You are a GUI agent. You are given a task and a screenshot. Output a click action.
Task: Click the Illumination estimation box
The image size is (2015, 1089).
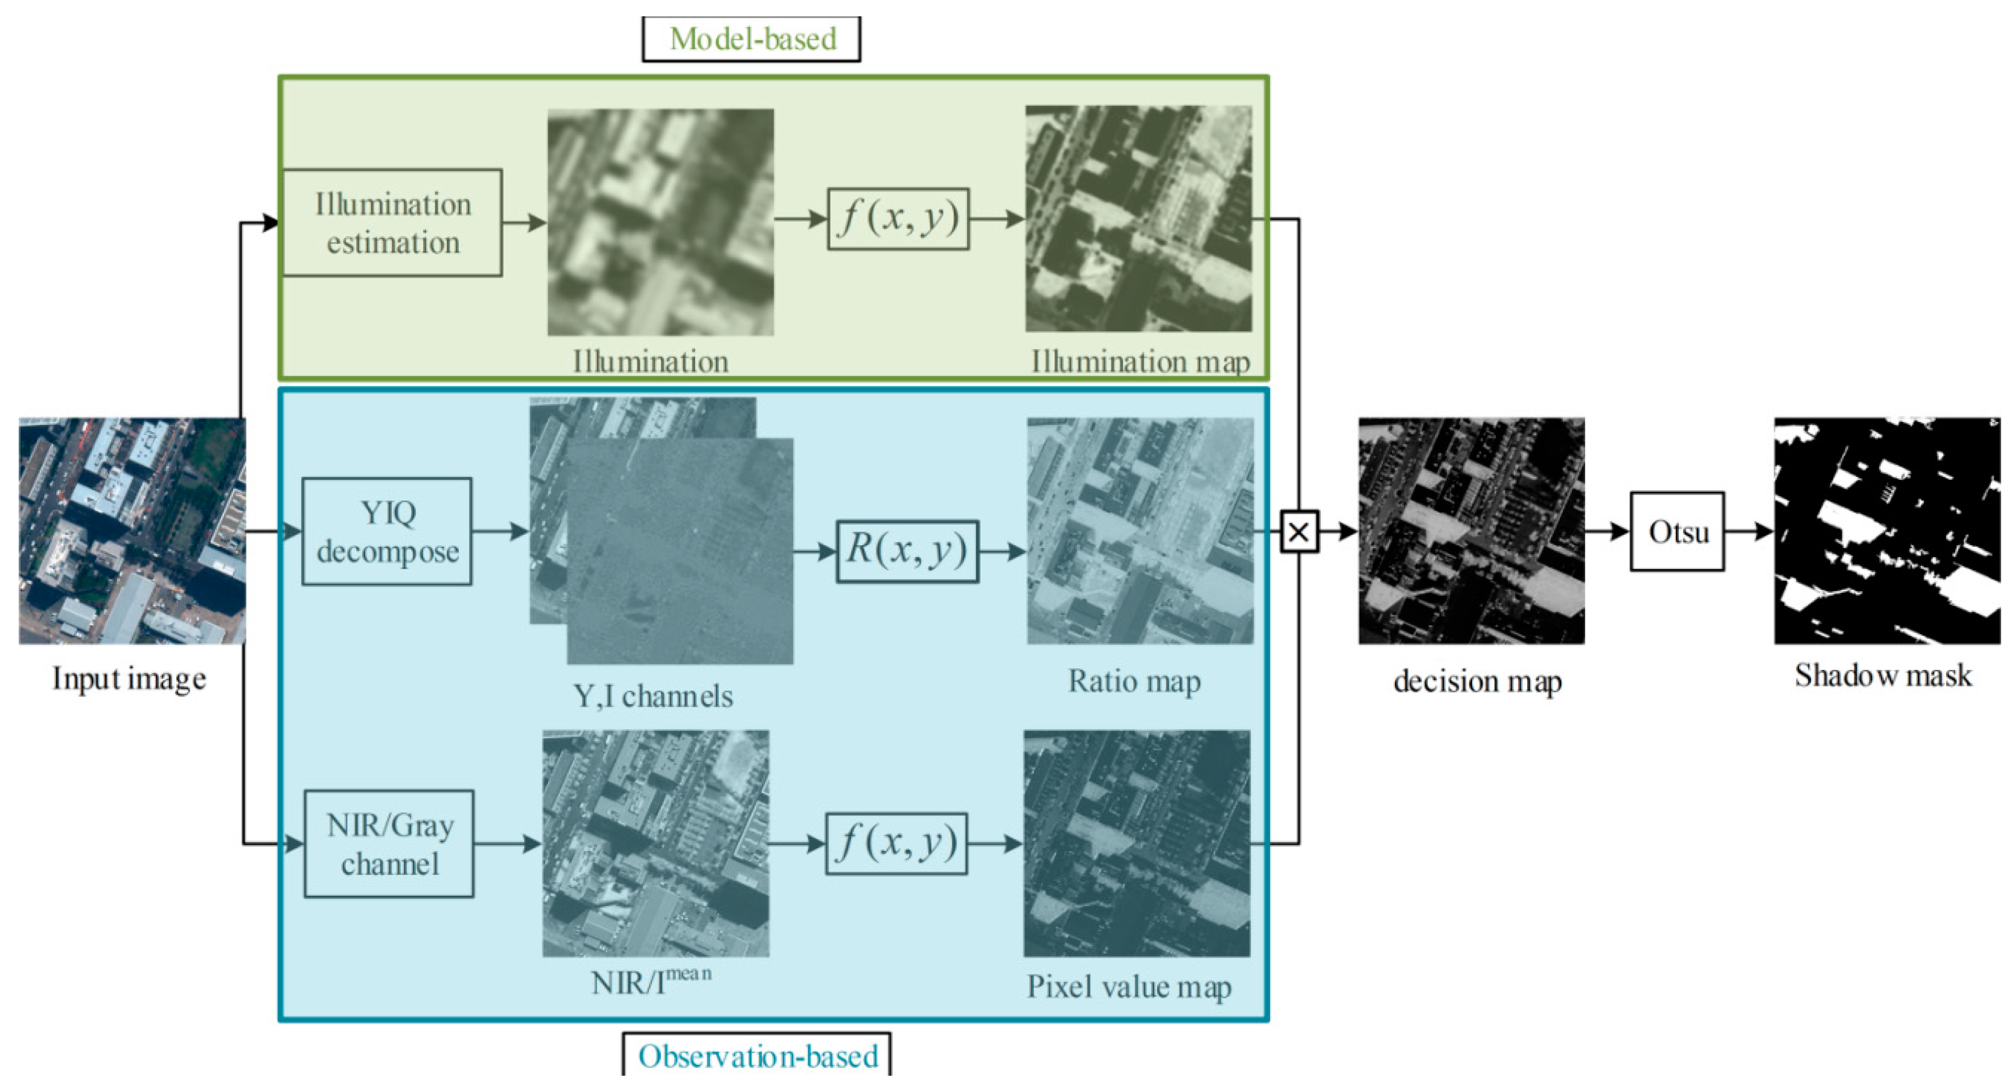[x=392, y=223]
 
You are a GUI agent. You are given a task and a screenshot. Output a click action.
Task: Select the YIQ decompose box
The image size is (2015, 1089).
[x=387, y=532]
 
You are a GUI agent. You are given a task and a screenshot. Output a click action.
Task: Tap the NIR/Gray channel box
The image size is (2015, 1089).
[x=389, y=844]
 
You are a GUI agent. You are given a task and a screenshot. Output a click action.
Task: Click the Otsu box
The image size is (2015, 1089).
[x=1677, y=532]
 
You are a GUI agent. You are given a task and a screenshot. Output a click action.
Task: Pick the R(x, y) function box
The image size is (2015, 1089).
[x=907, y=552]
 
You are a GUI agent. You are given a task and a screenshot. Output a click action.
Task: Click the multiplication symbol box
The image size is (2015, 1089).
[x=1298, y=532]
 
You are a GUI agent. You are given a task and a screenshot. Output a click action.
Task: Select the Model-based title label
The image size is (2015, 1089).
[x=752, y=39]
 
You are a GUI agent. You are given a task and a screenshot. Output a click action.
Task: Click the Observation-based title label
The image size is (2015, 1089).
[x=757, y=1056]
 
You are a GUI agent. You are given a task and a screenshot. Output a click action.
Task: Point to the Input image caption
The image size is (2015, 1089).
[x=129, y=679]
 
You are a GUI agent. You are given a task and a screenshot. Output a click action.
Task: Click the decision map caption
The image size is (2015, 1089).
[x=1477, y=681]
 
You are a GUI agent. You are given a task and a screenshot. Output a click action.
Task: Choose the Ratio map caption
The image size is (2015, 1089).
[x=1134, y=681]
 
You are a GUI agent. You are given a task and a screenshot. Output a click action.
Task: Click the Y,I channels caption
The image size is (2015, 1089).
[x=653, y=696]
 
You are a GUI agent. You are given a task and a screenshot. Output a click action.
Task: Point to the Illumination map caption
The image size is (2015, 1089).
[x=1140, y=362]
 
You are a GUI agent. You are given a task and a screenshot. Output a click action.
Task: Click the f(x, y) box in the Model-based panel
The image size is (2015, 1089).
[x=898, y=219]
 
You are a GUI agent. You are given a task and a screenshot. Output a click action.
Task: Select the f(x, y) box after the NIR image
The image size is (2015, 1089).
[x=896, y=844]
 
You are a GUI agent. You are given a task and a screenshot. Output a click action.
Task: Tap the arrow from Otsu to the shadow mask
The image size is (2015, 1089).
[x=1749, y=532]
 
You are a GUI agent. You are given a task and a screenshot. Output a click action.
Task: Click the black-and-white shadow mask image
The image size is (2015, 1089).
[x=1886, y=531]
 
